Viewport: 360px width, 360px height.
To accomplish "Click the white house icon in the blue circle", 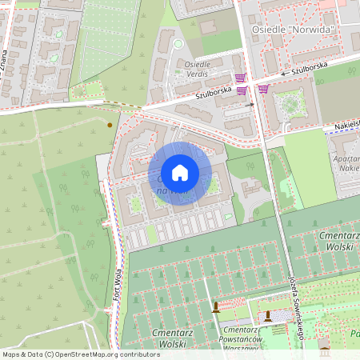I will pos(180,173).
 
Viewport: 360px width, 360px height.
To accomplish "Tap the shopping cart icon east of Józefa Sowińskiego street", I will pos(264,89).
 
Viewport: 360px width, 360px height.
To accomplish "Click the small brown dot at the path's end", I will pos(110,125).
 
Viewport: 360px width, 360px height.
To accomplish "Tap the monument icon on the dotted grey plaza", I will pos(268,317).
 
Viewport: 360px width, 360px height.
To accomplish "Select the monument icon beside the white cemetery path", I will pos(215,307).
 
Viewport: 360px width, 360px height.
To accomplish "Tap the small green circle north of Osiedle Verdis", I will pos(178,44).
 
